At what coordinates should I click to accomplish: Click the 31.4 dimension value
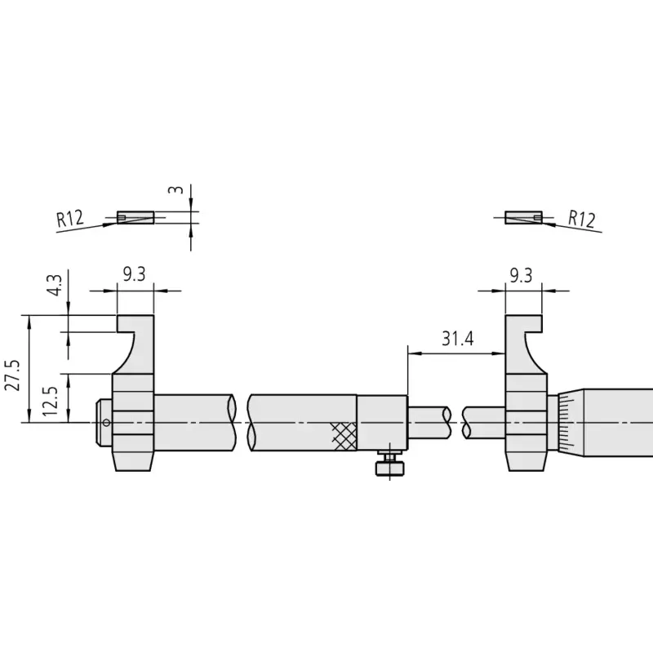click(x=458, y=339)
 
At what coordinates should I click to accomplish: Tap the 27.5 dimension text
click(x=12, y=375)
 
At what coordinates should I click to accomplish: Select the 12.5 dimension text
click(x=50, y=401)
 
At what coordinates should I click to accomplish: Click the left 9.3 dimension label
click(x=134, y=274)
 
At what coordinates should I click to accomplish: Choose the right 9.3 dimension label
click(x=521, y=275)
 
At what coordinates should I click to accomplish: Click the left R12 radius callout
click(x=70, y=219)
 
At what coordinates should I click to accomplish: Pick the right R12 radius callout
click(x=582, y=219)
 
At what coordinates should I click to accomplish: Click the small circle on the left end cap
click(x=106, y=423)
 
